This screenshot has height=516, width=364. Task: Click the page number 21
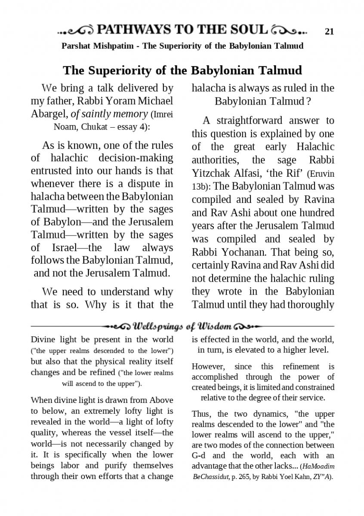(330, 31)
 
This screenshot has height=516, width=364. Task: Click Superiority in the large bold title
(115, 70)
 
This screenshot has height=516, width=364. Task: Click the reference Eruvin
(322, 174)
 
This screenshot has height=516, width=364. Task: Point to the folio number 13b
(201, 187)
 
